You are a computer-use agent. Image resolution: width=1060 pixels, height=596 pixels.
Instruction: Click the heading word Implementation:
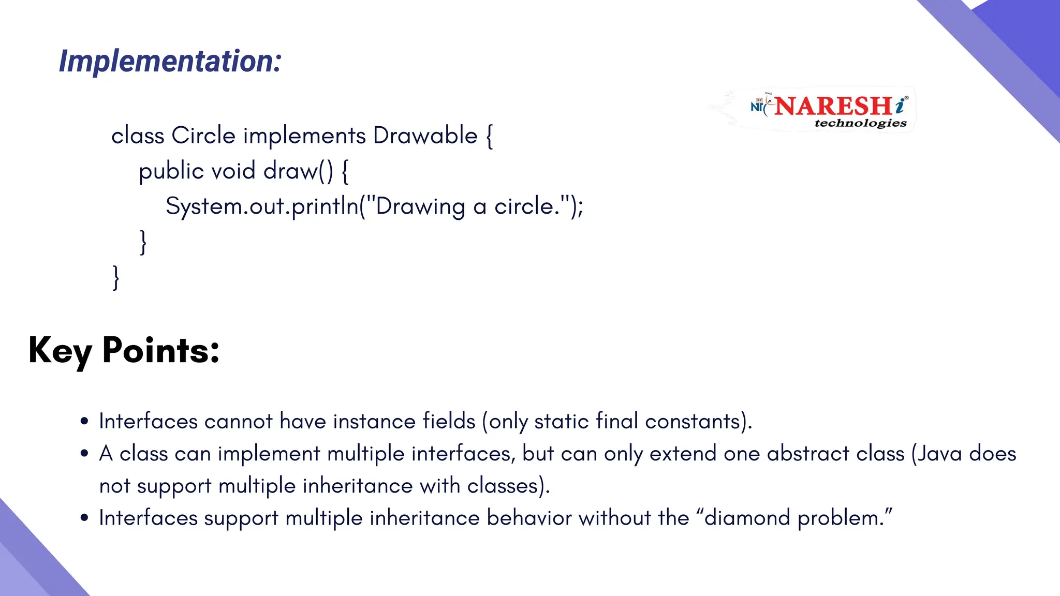pyautogui.click(x=170, y=62)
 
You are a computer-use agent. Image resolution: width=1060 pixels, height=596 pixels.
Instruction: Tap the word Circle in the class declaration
pyautogui.click(x=203, y=136)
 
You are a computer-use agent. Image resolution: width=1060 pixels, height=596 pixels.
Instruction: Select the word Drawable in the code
pyautogui.click(x=425, y=136)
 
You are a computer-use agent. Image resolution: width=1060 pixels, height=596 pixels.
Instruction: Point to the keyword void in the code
pyautogui.click(x=233, y=171)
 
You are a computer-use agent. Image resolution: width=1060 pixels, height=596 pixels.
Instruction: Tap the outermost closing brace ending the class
pyautogui.click(x=116, y=277)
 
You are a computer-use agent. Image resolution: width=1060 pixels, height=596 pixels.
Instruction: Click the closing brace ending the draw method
pyautogui.click(x=143, y=242)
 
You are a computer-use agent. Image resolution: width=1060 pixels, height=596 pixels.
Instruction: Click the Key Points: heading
pyautogui.click(x=124, y=351)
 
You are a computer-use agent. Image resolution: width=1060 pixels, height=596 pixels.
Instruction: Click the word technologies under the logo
pyautogui.click(x=860, y=123)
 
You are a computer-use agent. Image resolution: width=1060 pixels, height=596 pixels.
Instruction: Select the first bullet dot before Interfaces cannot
pyautogui.click(x=84, y=421)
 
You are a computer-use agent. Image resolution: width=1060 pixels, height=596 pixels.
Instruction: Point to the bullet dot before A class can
pyautogui.click(x=84, y=454)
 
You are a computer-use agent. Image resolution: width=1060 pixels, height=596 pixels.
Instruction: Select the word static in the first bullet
pyautogui.click(x=561, y=422)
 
